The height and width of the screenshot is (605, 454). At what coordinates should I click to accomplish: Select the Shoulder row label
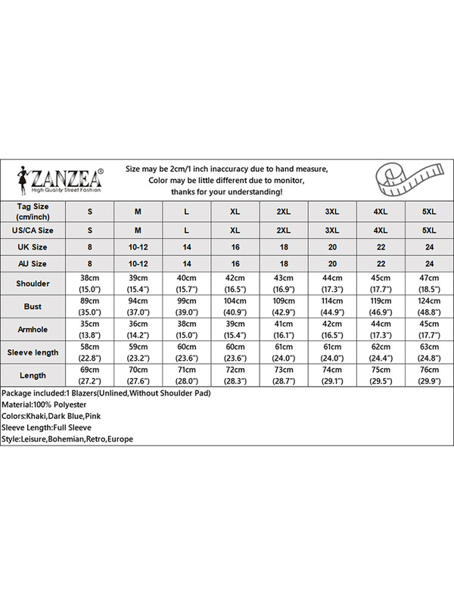[32, 284]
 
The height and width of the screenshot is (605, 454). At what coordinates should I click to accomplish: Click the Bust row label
[32, 307]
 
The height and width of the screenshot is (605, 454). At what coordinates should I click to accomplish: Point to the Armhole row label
[32, 330]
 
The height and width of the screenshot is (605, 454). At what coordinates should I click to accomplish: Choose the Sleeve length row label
[32, 352]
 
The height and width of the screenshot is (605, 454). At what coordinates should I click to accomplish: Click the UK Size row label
[32, 247]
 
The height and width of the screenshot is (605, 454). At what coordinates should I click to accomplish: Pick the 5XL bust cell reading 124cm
[428, 307]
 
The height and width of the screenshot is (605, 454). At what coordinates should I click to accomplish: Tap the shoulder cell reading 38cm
[89, 284]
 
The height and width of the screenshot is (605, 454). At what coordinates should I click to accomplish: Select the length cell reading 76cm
[428, 375]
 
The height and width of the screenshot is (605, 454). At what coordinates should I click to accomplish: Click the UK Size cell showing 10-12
[138, 247]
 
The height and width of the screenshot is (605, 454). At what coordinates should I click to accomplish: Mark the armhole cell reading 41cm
[282, 330]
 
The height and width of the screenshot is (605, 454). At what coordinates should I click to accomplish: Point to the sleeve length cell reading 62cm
[380, 352]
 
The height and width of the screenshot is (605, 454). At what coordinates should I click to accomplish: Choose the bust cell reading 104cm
[235, 307]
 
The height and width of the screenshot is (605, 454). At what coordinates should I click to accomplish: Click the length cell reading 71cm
[186, 375]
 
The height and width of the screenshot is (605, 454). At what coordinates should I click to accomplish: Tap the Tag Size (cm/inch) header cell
[32, 209]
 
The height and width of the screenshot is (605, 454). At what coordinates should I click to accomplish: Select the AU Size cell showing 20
[331, 263]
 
